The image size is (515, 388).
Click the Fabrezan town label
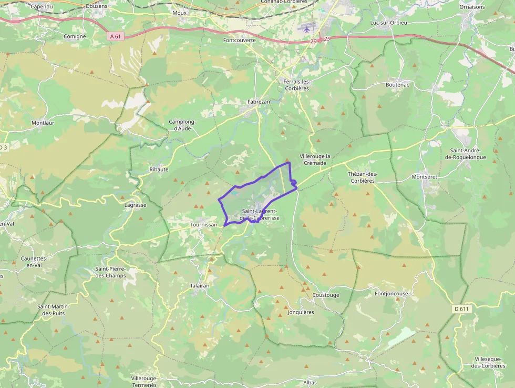pos(258,102)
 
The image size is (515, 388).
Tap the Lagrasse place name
pos(135,205)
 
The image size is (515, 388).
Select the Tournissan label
pos(203,224)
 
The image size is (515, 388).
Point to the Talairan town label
pos(199,285)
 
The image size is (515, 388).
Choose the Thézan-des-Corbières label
pos(363,177)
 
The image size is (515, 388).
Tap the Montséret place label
pos(424,177)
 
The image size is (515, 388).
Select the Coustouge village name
pos(326,295)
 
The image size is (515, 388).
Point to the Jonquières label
pos(301,312)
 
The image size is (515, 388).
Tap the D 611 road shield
pos(460,309)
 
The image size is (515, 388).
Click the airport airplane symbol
pos(306,29)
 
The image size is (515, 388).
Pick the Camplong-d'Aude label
pos(182,125)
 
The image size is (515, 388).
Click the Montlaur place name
pos(43,123)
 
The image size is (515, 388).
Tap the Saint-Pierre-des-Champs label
pos(110,272)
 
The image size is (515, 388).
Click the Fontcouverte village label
pos(239,40)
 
